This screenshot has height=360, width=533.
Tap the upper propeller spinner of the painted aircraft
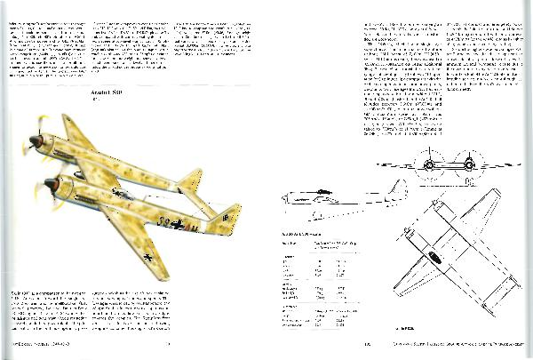pos(35,141)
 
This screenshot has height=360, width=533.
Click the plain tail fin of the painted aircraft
pos(190,184)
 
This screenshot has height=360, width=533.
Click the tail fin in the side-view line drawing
pos(398,189)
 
